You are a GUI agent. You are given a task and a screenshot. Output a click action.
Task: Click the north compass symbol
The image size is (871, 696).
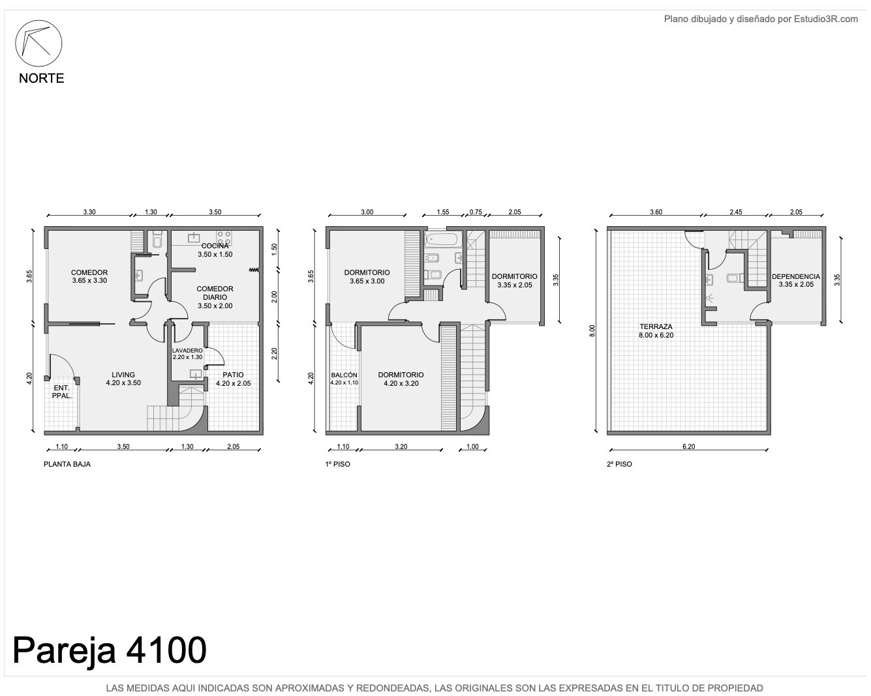pos(38,43)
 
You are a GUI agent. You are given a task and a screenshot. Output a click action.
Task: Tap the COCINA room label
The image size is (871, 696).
pos(215,246)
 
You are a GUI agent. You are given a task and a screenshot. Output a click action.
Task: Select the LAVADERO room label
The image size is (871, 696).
pos(187,350)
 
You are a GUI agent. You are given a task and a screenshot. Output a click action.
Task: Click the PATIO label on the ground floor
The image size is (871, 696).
pos(233,375)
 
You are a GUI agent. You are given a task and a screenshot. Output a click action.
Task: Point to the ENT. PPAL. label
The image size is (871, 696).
pos(62,392)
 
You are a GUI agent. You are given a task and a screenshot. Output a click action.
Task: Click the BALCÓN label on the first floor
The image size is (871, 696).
pos(344,375)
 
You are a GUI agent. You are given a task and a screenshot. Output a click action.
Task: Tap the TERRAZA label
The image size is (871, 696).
pos(656,326)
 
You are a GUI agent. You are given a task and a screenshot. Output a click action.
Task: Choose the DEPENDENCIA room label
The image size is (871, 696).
pos(796,276)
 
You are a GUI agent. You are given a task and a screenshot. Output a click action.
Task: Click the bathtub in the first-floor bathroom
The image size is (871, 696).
pos(443,239)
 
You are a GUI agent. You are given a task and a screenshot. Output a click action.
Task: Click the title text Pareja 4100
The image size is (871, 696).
pos(109,650)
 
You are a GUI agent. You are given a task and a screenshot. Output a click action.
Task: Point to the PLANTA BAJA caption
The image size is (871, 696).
pos(67,464)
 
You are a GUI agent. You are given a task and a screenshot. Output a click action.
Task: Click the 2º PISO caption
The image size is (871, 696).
pos(619,464)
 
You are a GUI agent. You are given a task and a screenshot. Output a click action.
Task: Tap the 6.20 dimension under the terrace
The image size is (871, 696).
pos(688,446)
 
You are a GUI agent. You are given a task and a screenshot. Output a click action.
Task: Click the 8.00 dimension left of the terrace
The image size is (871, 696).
pos(592,331)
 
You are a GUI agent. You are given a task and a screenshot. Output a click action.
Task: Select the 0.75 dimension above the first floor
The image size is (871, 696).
pos(476,212)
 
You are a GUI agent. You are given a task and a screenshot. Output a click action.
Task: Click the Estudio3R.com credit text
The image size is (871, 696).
pos(761,19)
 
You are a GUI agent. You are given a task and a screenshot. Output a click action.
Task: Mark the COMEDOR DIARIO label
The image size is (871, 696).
pos(215,293)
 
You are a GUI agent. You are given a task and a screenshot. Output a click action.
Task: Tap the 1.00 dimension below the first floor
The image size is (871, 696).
pos(472,446)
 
